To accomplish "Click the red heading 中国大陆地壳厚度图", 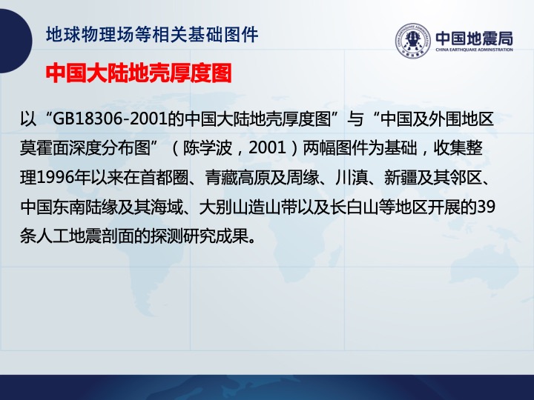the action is click(139, 73).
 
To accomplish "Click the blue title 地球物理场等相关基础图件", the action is click(152, 35).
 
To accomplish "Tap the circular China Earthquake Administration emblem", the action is click(413, 41).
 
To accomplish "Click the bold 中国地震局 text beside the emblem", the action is click(475, 38).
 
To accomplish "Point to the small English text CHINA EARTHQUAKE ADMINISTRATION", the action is click(475, 50).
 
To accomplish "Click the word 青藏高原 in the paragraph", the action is click(237, 178).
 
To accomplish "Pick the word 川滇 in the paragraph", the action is click(352, 178).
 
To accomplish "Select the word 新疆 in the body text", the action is click(400, 178).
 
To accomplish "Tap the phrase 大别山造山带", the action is click(248, 207).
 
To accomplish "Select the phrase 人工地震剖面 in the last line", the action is click(85, 236).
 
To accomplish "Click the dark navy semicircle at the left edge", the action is click(16, 41).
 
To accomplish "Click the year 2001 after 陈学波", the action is click(267, 148).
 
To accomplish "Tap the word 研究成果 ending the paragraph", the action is click(216, 236).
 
